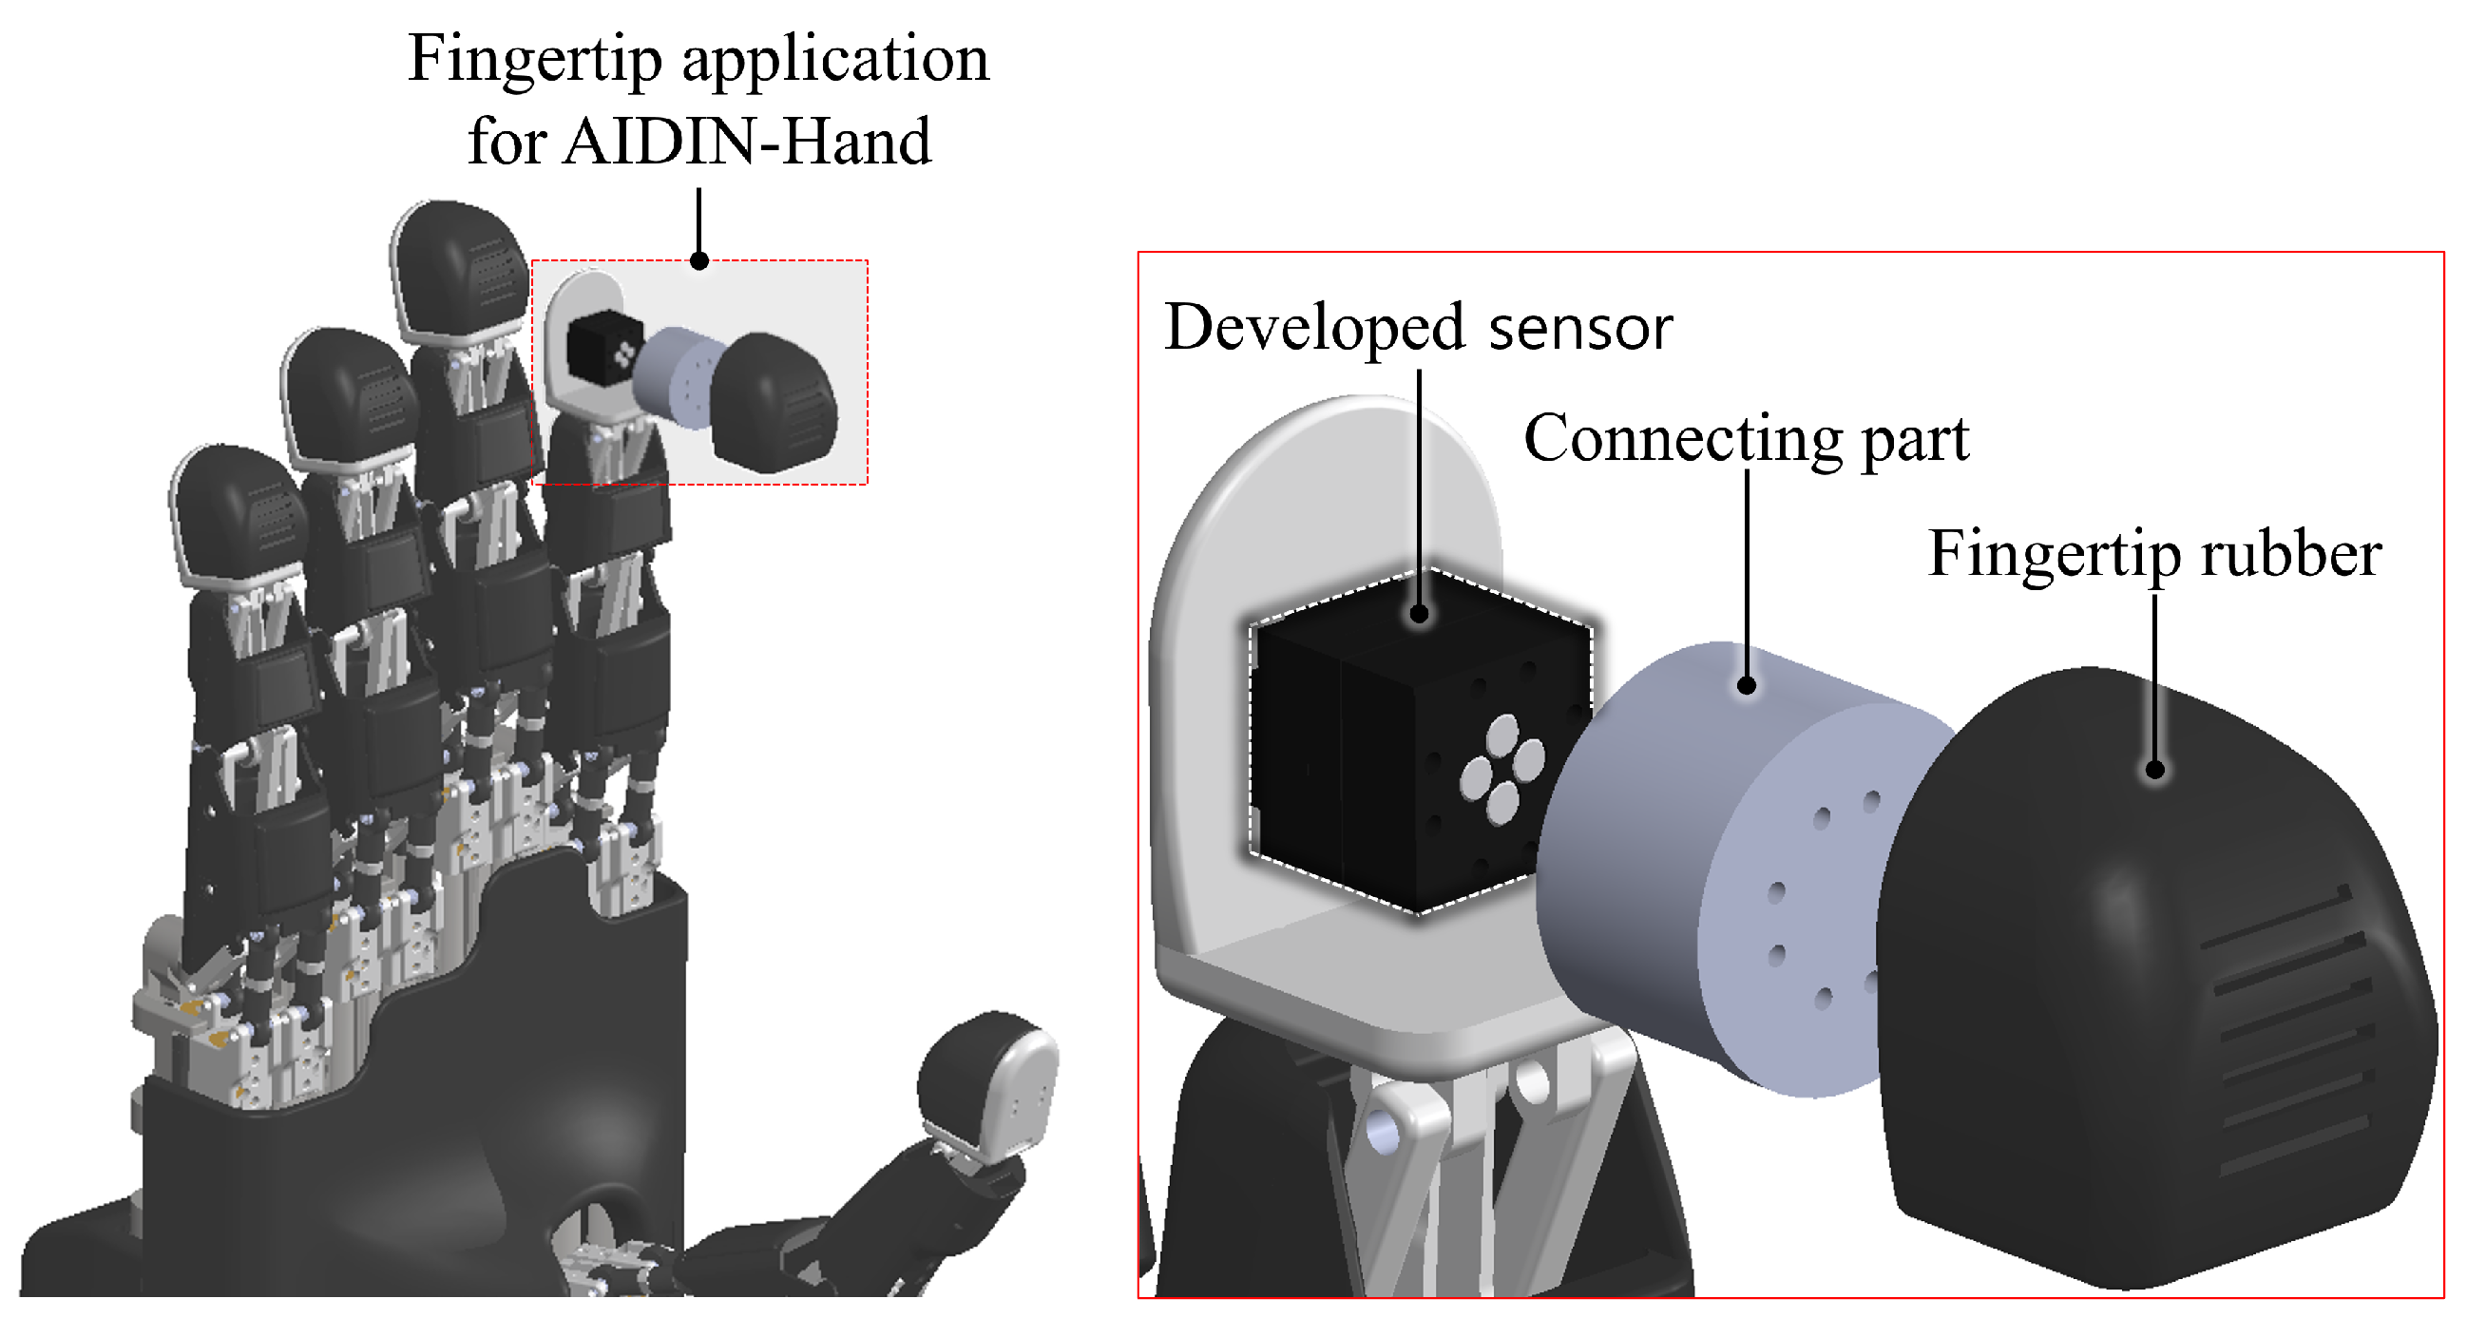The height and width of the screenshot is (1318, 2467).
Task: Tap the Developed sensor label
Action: pyautogui.click(x=1417, y=328)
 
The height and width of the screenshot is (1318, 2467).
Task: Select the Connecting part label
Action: pyautogui.click(x=1746, y=439)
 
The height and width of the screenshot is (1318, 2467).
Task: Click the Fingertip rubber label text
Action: pyautogui.click(x=2153, y=555)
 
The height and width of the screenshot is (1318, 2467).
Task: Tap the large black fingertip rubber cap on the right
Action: pyautogui.click(x=2107, y=1005)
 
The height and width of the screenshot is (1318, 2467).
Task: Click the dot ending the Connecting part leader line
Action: pyautogui.click(x=1746, y=686)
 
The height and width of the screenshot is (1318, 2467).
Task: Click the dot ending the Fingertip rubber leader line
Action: pyautogui.click(x=2153, y=769)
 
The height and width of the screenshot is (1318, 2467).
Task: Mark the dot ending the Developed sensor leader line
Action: pyautogui.click(x=1420, y=614)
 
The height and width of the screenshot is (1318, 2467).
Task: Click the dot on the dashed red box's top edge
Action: pyautogui.click(x=699, y=260)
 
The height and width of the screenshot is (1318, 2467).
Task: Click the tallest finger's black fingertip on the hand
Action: pyautogui.click(x=458, y=268)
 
